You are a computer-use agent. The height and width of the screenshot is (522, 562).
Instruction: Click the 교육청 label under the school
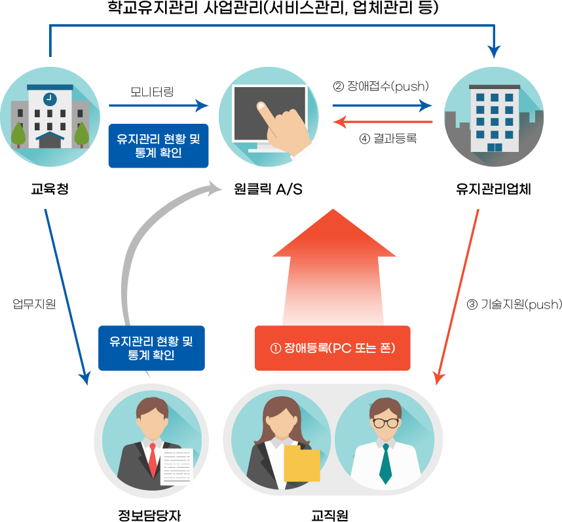coord(50,190)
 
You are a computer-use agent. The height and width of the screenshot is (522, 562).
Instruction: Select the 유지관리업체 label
coord(493,190)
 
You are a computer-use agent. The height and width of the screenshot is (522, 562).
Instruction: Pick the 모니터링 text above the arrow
coord(152,91)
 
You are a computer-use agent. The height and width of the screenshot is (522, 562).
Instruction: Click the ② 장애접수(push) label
coord(381,86)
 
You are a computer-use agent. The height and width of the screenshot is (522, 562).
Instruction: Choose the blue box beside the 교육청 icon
coord(158,146)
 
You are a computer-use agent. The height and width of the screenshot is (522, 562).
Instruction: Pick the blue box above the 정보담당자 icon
coord(151,348)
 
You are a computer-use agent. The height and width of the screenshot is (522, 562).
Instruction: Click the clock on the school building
coord(49,99)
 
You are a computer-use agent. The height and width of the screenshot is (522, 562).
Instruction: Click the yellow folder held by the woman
coord(302,464)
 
